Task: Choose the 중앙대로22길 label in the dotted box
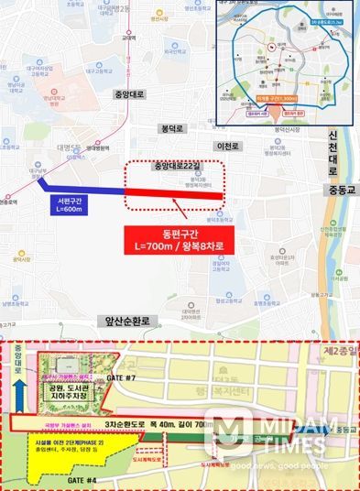pos(176,167)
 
